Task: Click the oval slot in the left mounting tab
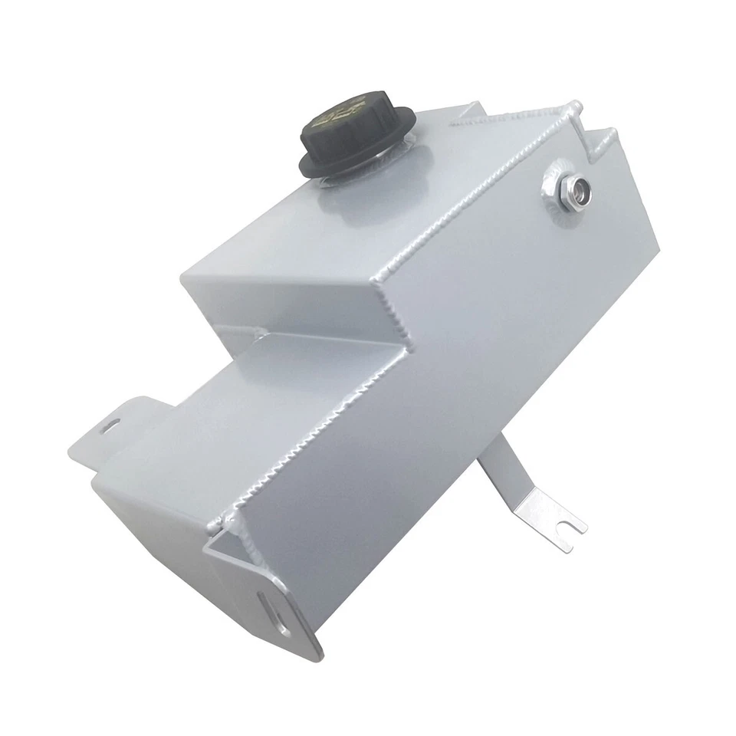[115, 425]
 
